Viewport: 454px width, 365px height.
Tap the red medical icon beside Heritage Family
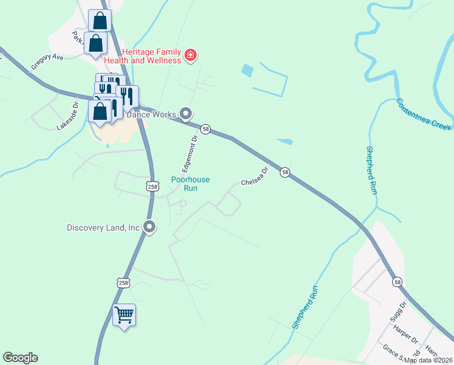[191, 56]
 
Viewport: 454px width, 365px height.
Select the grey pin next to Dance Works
[186, 114]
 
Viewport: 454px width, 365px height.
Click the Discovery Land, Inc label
[103, 228]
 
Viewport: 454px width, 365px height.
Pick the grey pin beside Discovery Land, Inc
[149, 228]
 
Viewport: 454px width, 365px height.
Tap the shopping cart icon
[124, 316]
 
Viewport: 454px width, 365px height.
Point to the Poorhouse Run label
[190, 184]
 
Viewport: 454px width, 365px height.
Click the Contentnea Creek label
[424, 114]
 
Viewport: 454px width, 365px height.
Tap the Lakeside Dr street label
[68, 116]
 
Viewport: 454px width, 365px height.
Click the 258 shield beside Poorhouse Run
[152, 187]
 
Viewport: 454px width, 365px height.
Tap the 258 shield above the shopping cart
[123, 283]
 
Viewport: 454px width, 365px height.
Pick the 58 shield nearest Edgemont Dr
[206, 129]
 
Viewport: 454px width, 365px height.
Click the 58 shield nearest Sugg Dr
[397, 282]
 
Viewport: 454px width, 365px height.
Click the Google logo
[20, 358]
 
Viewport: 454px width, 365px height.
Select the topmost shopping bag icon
[100, 21]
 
